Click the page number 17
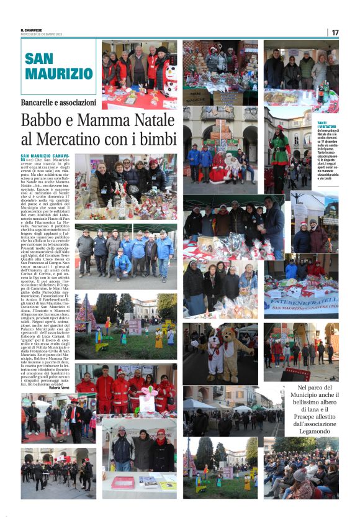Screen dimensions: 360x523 point(335,32)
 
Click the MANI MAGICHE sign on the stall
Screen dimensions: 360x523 point(197,98)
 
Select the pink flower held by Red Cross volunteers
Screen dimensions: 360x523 point(150,391)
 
